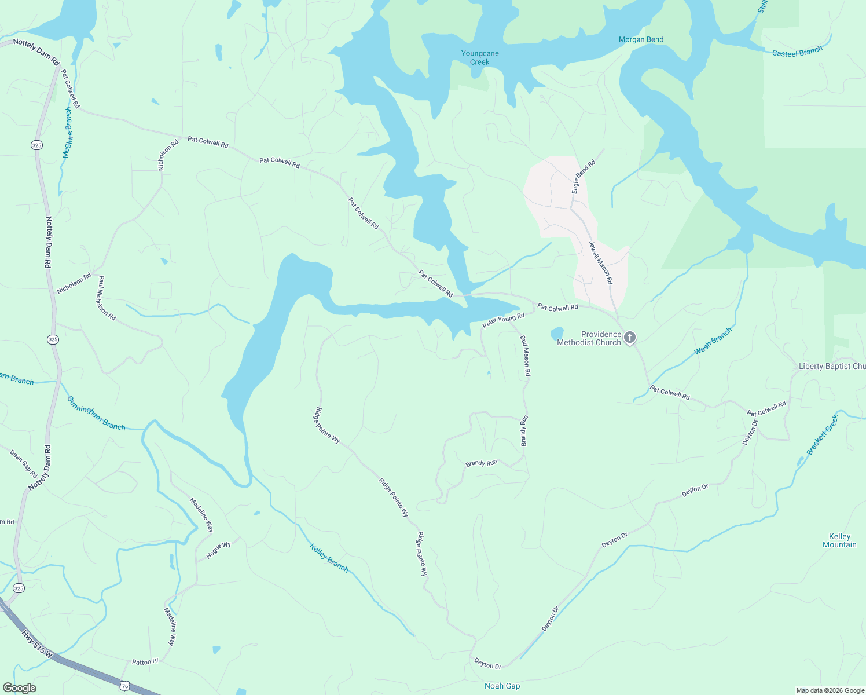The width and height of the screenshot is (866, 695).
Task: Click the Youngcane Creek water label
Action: point(480,58)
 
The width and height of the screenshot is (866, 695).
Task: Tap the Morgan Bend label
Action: point(641,39)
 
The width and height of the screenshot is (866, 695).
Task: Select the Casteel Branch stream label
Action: point(797,52)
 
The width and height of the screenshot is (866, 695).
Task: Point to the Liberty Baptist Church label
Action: point(832,366)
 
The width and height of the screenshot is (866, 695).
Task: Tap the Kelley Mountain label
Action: point(839,540)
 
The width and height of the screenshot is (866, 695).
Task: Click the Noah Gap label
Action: point(502,686)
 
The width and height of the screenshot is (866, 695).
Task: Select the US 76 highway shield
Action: point(124,686)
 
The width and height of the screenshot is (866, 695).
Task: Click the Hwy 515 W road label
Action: point(37,643)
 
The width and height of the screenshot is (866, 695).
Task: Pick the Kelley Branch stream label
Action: point(329,558)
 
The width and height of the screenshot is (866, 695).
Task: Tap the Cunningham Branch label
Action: point(96,413)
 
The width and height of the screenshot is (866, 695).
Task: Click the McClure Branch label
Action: point(68,133)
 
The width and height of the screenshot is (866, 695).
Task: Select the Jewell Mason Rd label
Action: point(600,262)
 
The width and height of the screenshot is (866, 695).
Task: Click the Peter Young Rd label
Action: point(503,320)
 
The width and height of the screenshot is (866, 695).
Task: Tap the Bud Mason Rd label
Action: point(525,356)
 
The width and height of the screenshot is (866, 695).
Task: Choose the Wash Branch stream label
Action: point(713,341)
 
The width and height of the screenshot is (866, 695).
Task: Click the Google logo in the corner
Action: point(19,688)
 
